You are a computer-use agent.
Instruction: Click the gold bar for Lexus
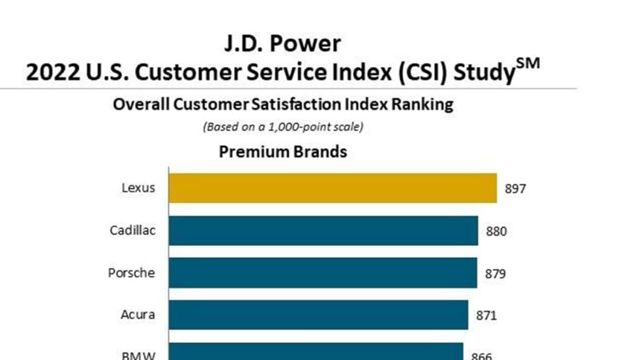coord(333,188)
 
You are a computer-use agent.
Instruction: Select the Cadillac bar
coord(323,230)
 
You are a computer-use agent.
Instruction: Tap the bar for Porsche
coord(323,273)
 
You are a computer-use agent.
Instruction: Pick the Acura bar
coord(318,315)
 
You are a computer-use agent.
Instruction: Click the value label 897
coord(515,189)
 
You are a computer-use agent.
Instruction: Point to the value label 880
coord(496,232)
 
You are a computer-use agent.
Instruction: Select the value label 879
coord(496,274)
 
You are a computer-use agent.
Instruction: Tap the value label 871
coord(486,316)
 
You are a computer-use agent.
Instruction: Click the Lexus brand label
coord(138,188)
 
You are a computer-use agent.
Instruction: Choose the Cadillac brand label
coord(132,230)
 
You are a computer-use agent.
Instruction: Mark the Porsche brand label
coord(132,273)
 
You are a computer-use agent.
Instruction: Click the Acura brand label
coord(138,315)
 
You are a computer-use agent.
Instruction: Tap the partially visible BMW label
coord(138,355)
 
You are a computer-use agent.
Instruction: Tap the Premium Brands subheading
coord(283,152)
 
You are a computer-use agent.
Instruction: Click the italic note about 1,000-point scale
coord(283,127)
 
